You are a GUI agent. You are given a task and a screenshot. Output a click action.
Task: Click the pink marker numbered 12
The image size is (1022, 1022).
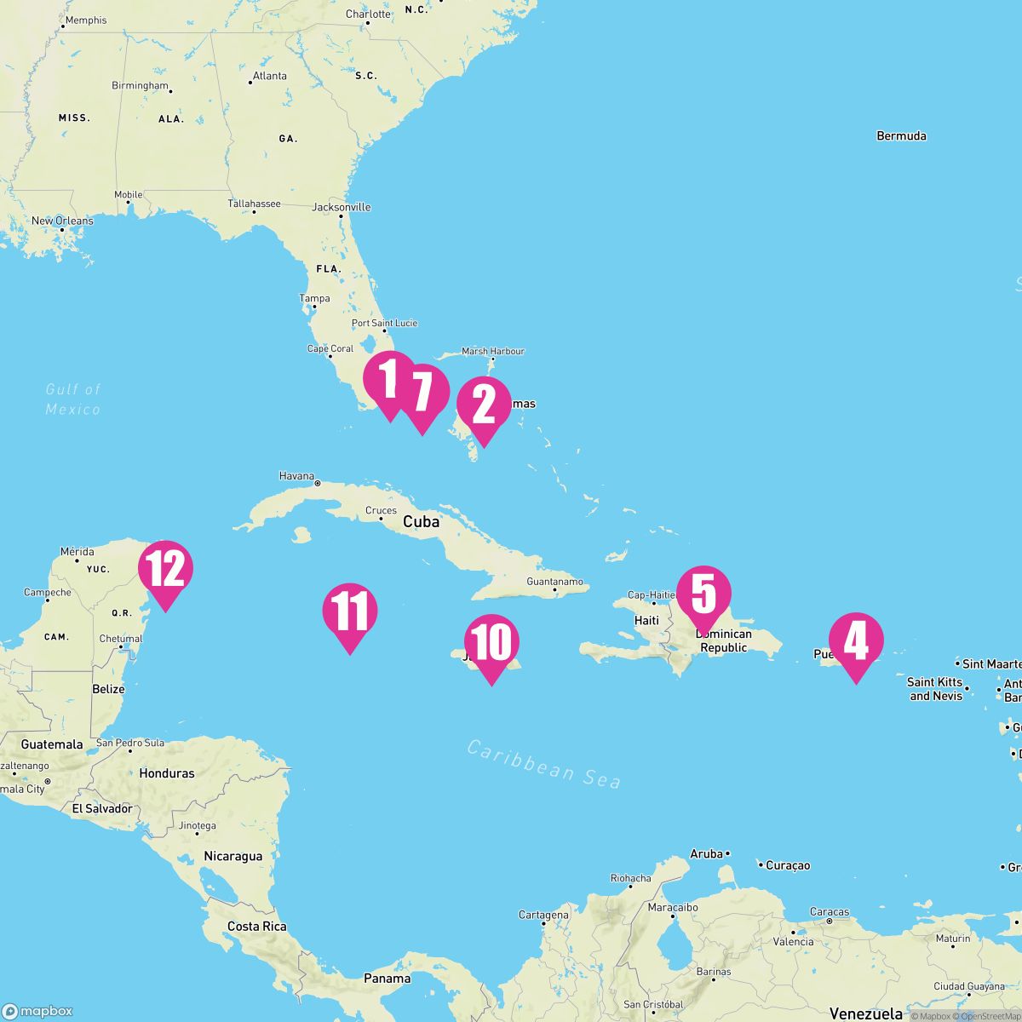[x=166, y=569]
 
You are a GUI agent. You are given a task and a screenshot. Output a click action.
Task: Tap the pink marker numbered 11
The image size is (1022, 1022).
[x=349, y=611]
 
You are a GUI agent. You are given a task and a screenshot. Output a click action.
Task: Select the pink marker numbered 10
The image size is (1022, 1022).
[x=491, y=643]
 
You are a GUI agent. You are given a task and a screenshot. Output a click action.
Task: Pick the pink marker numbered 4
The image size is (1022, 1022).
[x=856, y=641]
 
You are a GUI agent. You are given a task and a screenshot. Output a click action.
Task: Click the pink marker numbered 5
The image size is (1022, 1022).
[x=703, y=594]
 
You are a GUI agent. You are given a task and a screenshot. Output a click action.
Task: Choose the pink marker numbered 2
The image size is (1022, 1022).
[x=484, y=405]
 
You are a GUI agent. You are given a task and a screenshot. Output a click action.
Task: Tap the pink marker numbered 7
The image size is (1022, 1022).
[x=422, y=393]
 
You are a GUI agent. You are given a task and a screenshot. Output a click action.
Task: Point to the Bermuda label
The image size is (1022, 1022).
[x=901, y=135]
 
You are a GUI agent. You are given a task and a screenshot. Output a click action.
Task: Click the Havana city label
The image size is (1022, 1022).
[x=297, y=476]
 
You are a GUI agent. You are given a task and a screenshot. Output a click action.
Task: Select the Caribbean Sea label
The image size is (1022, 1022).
[x=544, y=764]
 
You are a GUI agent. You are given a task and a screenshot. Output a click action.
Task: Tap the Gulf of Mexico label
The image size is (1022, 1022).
[x=73, y=399]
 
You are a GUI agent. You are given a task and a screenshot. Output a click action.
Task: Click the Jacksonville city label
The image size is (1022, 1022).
[x=342, y=207]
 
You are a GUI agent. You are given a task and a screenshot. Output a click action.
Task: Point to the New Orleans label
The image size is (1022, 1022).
[x=62, y=221]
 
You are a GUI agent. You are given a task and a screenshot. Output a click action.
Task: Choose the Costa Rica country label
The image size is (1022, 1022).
[x=256, y=926]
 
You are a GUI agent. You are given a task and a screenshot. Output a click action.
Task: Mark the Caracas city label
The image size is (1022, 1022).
[x=830, y=912]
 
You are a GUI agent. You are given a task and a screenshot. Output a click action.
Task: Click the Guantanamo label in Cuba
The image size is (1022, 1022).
[x=554, y=582]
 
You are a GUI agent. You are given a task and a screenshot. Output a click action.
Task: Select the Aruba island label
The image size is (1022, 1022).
[x=706, y=853]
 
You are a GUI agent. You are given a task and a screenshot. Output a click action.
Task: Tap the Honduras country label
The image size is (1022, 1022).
[x=167, y=773]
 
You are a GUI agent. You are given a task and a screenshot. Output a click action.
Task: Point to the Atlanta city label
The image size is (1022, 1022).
[x=269, y=76]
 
